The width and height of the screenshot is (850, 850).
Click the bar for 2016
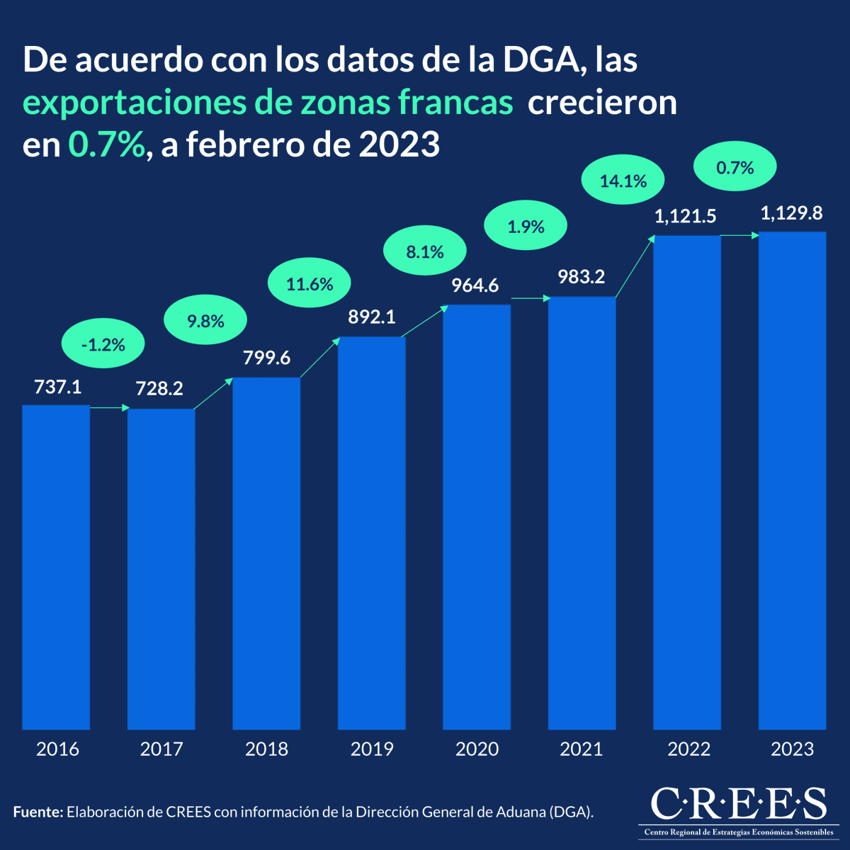(x=56, y=567)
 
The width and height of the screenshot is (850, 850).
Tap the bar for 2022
(x=686, y=482)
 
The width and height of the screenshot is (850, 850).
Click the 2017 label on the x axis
(x=161, y=749)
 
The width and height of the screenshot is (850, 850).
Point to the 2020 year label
(x=477, y=749)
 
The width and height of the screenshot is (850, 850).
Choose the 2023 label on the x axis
(x=792, y=749)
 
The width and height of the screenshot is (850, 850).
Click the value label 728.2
(x=159, y=388)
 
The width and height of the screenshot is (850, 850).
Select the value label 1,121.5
(x=685, y=217)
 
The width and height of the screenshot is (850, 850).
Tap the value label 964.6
(x=475, y=285)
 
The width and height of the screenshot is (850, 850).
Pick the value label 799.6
(x=266, y=358)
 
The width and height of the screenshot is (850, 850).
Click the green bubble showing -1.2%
(x=103, y=345)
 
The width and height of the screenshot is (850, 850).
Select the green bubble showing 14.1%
(x=623, y=181)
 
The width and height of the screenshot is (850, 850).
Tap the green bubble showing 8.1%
(x=425, y=252)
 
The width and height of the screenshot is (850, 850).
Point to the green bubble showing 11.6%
(x=310, y=285)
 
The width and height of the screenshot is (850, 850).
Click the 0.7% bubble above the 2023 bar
(x=735, y=168)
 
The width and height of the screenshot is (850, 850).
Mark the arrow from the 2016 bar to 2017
(x=109, y=408)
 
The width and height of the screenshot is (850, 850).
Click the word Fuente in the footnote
(x=38, y=812)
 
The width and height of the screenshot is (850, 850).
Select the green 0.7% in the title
(x=106, y=145)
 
